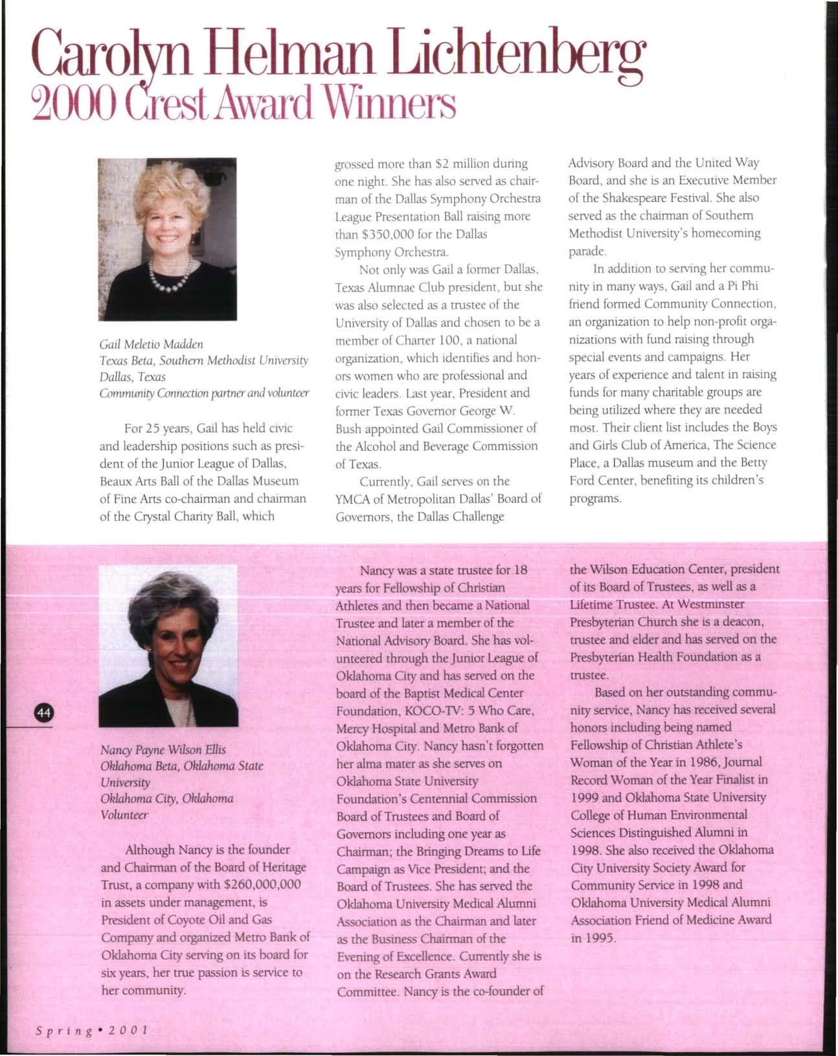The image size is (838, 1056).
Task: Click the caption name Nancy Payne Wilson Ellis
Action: (163, 750)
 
